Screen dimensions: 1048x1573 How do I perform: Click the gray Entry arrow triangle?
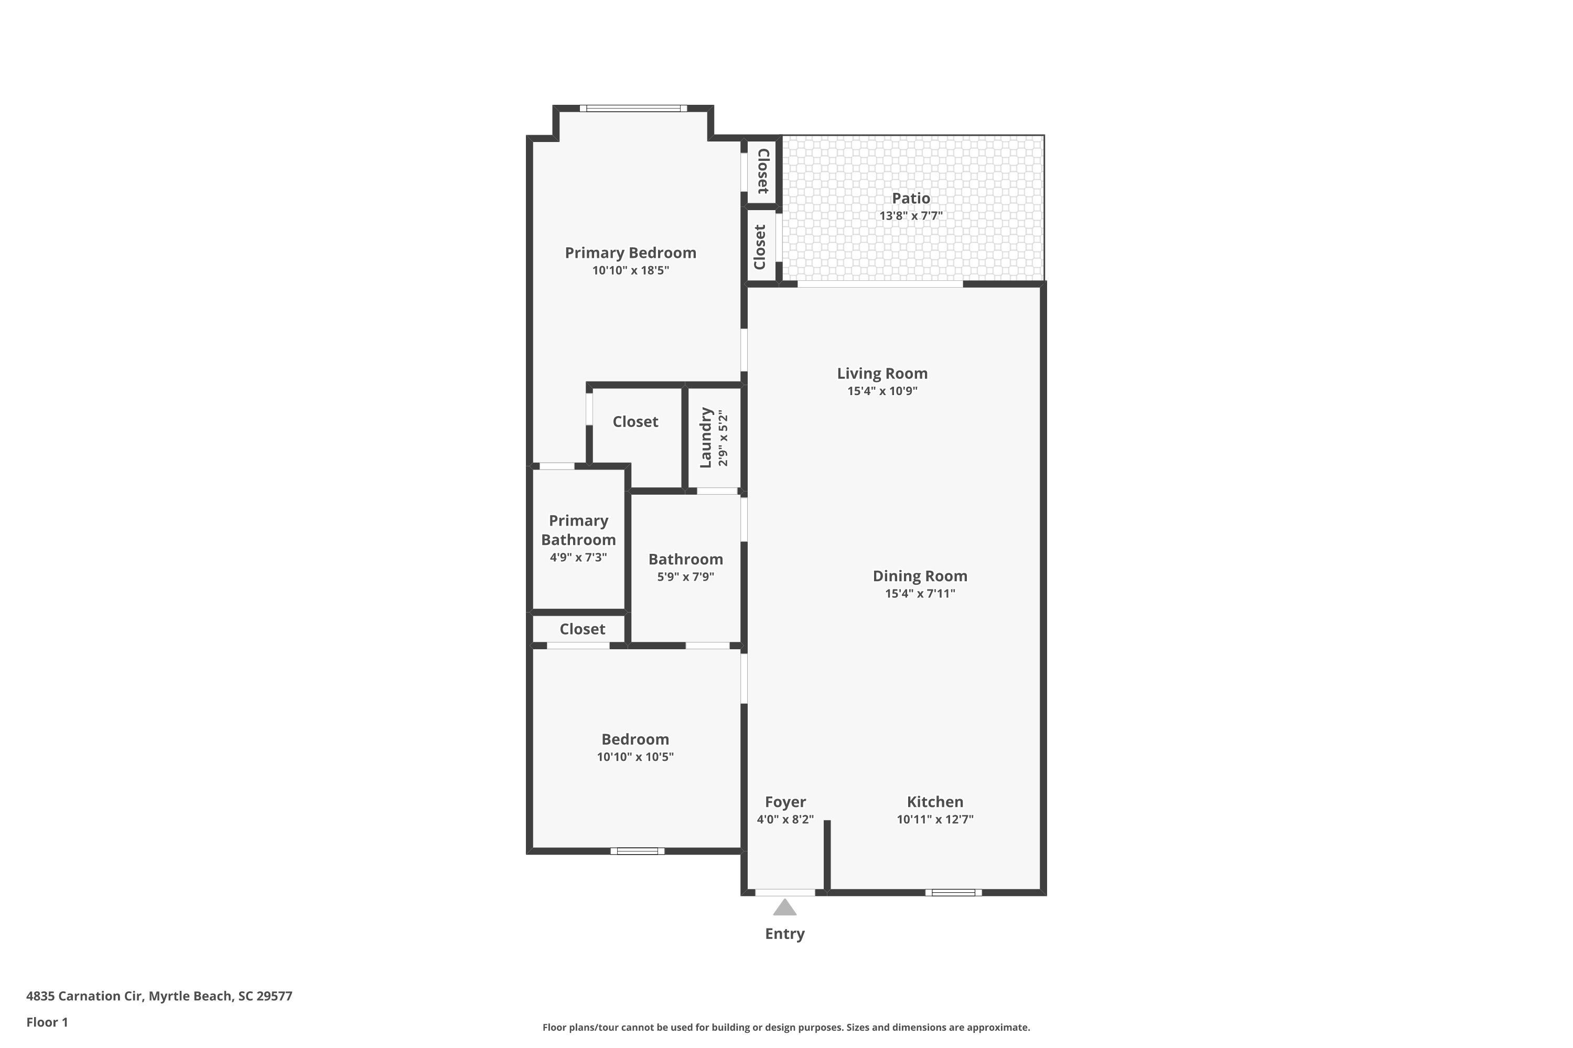(x=784, y=908)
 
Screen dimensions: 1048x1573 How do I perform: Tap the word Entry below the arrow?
(x=784, y=934)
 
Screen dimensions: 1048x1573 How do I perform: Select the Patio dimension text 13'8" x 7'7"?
(x=910, y=216)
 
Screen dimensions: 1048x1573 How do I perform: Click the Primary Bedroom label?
(x=630, y=253)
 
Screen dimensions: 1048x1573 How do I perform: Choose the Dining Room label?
(x=920, y=575)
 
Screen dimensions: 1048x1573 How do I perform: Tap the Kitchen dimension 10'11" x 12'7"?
(x=934, y=820)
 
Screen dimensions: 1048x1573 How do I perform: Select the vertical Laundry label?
(x=706, y=438)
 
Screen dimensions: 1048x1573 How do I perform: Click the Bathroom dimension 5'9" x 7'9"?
(x=685, y=577)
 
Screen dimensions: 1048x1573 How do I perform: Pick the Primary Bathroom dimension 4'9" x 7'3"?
(x=578, y=558)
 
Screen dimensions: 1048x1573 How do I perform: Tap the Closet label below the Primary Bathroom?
(x=582, y=629)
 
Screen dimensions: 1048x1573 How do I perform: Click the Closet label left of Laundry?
(x=635, y=422)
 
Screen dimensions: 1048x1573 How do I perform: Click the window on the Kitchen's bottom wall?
(x=953, y=892)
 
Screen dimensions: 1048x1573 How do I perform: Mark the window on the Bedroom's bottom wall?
(x=638, y=851)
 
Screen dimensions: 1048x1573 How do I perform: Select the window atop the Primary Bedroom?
(x=633, y=108)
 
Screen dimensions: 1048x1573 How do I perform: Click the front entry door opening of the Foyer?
(x=784, y=892)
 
